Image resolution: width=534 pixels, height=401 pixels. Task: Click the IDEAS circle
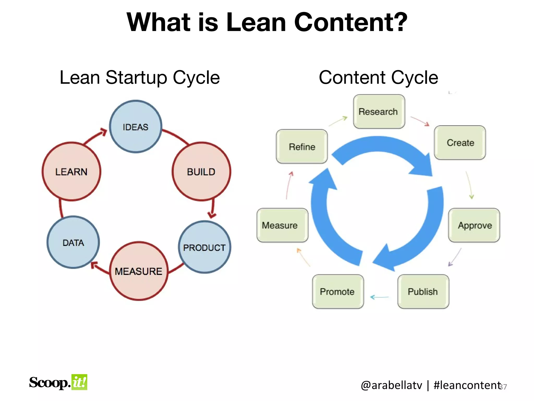click(135, 127)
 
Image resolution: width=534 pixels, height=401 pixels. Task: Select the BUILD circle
click(201, 172)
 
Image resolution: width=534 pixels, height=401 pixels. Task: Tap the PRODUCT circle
click(204, 247)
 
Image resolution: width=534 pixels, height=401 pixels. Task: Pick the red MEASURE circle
click(138, 271)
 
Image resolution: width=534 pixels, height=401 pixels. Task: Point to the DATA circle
click(73, 242)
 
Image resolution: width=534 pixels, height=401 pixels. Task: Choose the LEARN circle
click(71, 172)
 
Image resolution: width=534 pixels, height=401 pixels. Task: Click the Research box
click(379, 111)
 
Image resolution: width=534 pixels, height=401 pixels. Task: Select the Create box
click(460, 143)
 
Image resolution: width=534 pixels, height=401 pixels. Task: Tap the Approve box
click(474, 225)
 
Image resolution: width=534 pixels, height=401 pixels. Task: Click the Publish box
click(423, 291)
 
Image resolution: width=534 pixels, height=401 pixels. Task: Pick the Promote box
click(338, 291)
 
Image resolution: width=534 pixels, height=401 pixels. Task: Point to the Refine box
click(302, 146)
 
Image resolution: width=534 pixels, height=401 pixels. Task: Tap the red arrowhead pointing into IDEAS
click(104, 132)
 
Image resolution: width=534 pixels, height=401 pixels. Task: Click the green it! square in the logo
click(79, 382)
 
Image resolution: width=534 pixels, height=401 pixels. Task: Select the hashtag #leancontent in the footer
click(467, 385)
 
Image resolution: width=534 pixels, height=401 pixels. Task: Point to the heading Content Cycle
click(378, 78)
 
